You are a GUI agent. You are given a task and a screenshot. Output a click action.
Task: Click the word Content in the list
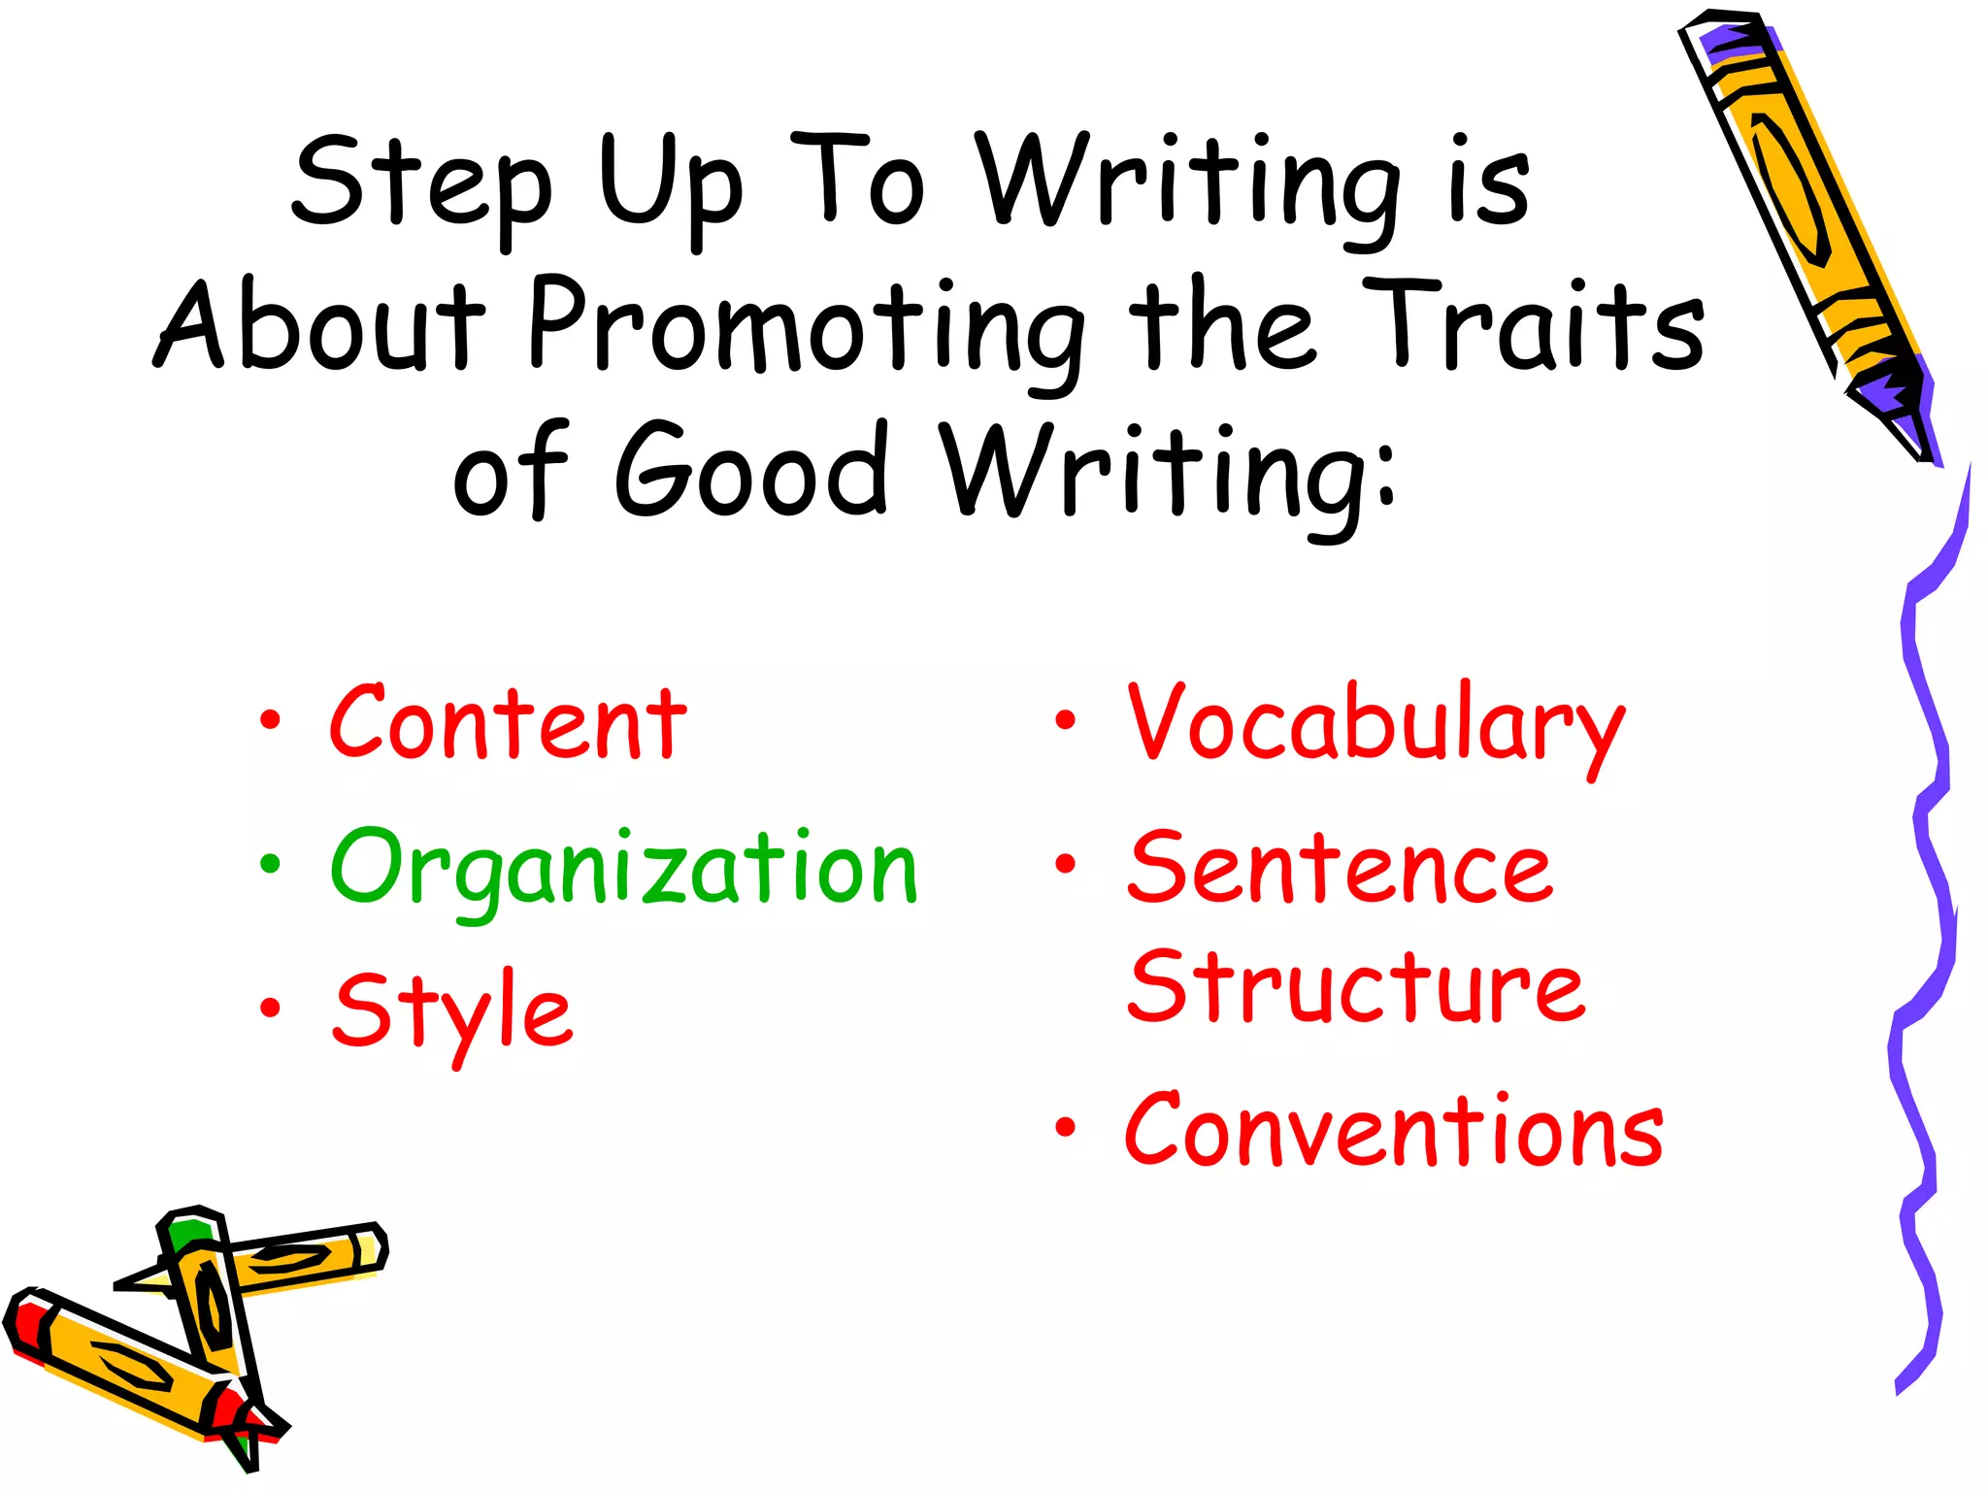point(508,723)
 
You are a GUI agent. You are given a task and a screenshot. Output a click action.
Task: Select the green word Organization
point(623,869)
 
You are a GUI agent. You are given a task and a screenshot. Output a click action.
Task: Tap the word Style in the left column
point(452,1011)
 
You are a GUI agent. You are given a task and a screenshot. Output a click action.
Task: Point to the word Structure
point(1356,987)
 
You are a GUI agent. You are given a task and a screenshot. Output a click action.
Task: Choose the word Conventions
point(1394,1130)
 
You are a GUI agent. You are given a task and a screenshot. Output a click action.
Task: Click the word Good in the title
point(751,470)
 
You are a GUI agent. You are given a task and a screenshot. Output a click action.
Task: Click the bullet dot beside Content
point(270,721)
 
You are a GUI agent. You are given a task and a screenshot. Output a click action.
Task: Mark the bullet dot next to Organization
point(270,864)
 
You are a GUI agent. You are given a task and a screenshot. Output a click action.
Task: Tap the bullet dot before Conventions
point(1066,1127)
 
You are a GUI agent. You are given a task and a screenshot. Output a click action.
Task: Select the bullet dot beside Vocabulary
point(1066,720)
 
